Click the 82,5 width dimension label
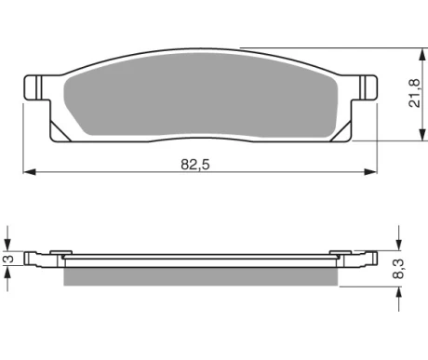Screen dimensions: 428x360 click(195, 165)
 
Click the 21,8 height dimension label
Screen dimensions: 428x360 click(414, 93)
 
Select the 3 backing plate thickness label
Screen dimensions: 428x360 click(9, 259)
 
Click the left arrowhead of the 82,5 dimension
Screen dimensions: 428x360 click(30, 172)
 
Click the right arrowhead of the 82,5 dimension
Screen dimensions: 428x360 click(370, 172)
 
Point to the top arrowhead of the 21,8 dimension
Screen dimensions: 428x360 click(421, 55)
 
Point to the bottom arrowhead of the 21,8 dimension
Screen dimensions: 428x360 click(421, 135)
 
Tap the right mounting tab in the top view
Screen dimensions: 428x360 click(365, 87)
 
